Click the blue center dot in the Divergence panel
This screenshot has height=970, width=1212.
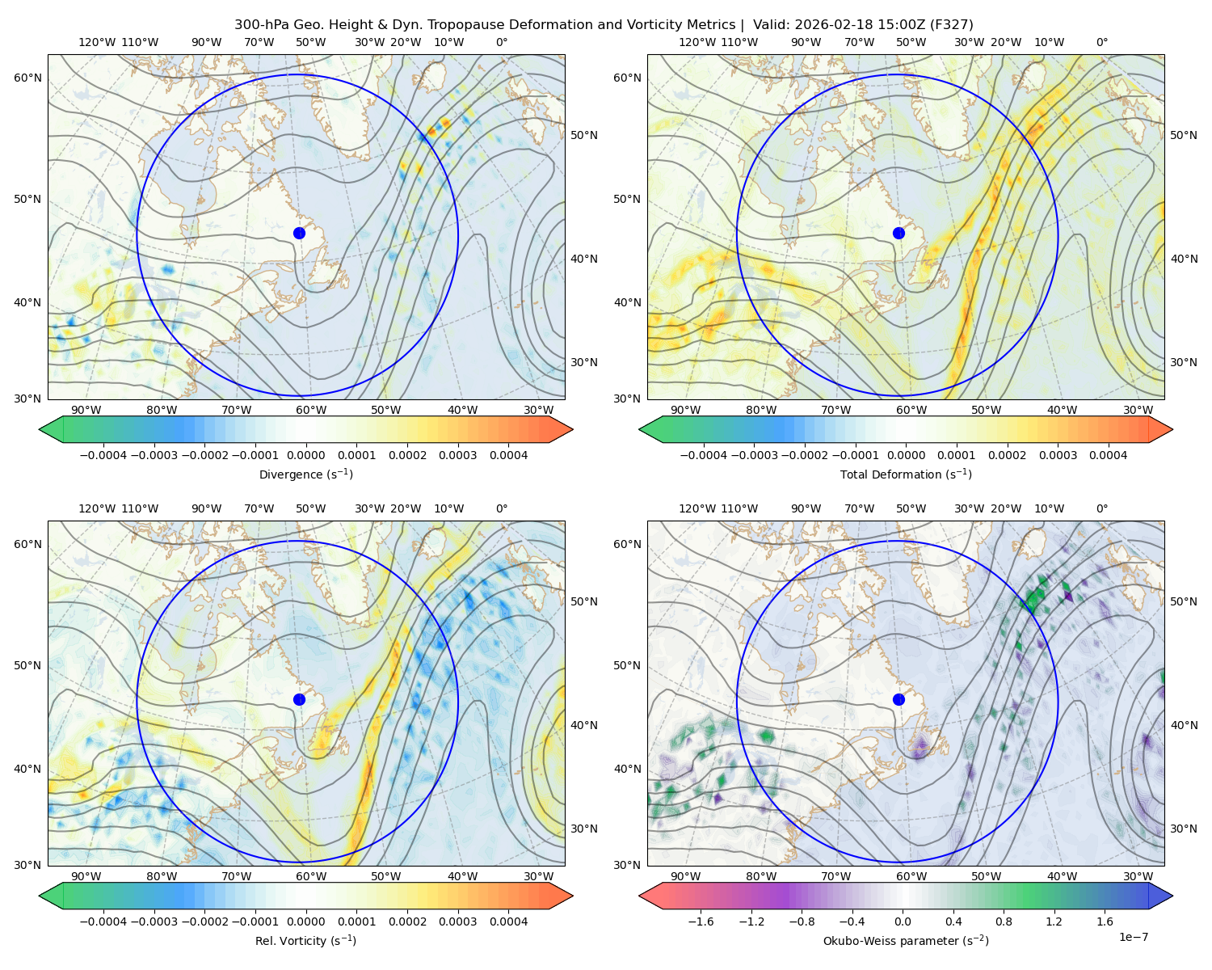point(299,234)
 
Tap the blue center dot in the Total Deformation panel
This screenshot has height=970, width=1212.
point(898,234)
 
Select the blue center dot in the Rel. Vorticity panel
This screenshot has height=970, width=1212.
point(299,699)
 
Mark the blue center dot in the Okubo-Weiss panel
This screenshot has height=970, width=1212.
point(898,699)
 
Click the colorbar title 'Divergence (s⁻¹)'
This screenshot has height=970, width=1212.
point(305,474)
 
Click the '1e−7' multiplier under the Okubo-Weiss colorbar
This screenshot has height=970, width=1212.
point(1133,937)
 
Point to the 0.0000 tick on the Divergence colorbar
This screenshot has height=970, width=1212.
point(305,455)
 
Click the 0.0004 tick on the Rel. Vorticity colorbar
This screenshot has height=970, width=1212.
point(508,921)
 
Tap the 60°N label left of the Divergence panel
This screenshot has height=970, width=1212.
point(27,78)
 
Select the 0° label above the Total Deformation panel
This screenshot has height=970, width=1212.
point(1101,42)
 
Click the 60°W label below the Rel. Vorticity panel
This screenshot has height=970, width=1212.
point(311,876)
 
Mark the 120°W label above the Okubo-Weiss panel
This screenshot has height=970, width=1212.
point(697,508)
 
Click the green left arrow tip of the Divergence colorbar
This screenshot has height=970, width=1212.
point(40,429)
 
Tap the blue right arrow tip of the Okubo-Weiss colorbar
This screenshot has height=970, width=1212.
point(1172,896)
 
